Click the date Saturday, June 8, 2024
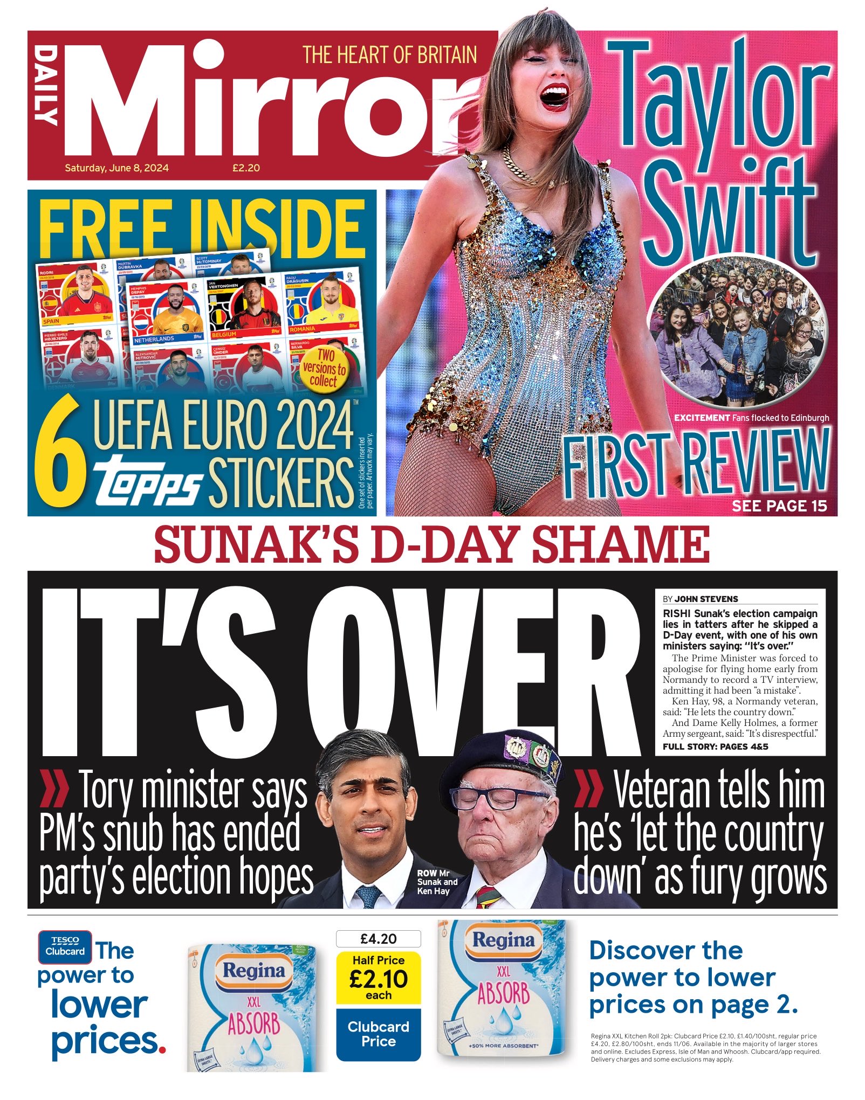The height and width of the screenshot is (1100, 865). [x=116, y=168]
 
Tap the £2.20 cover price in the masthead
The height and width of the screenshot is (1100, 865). [x=246, y=168]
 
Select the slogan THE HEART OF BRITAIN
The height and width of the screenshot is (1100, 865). [x=389, y=55]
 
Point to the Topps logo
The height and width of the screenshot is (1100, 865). [x=147, y=480]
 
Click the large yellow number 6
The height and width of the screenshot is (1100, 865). [x=60, y=451]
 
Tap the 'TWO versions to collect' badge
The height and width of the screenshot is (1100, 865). [x=324, y=368]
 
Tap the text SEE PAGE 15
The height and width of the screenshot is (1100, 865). [x=779, y=506]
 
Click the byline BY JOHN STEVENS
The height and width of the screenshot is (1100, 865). [x=700, y=599]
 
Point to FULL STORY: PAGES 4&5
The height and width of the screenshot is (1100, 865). [x=715, y=746]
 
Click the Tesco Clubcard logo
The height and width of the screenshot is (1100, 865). [x=65, y=947]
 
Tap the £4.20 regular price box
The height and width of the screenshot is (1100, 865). [x=378, y=939]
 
